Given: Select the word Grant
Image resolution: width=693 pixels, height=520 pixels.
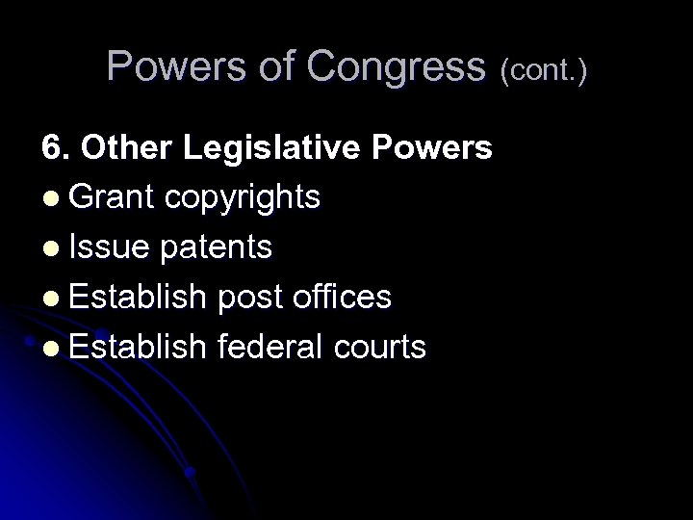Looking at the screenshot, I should (x=112, y=197).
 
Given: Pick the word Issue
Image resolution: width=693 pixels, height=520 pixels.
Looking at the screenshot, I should (x=109, y=247).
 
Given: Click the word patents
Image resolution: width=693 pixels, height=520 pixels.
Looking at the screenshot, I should (x=217, y=248).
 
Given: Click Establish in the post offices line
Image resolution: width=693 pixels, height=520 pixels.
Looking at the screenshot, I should (x=138, y=297).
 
